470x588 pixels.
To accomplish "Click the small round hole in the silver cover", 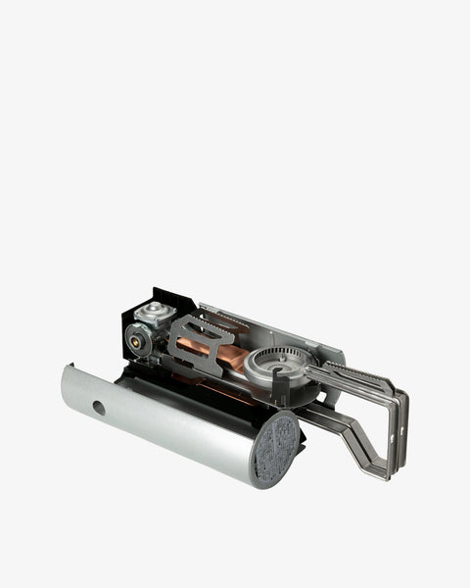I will pyautogui.click(x=99, y=407).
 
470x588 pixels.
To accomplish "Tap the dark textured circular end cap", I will pyautogui.click(x=277, y=450).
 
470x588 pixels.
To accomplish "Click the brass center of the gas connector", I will pyautogui.click(x=134, y=343).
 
